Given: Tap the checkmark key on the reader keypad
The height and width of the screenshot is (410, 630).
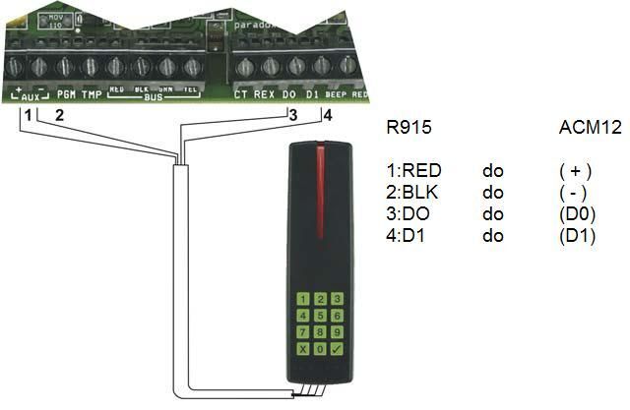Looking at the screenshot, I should [x=338, y=349].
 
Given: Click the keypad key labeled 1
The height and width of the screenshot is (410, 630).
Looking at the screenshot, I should [x=305, y=298].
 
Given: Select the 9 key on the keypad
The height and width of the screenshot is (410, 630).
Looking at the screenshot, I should [x=338, y=332].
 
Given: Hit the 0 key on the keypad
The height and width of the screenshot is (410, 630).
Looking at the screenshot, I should [x=321, y=349].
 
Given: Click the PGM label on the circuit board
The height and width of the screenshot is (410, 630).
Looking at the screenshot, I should [x=67, y=95].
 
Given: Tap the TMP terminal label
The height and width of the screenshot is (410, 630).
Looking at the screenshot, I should [x=92, y=95].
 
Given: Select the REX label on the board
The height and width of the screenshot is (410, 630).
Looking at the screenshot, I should [x=264, y=95].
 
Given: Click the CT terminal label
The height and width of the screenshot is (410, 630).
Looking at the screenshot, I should [x=241, y=95].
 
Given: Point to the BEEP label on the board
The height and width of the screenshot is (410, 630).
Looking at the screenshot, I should [x=336, y=95].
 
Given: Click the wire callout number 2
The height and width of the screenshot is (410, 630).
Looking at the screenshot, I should [x=59, y=114].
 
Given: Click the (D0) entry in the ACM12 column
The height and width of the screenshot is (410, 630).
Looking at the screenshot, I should [x=575, y=214].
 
